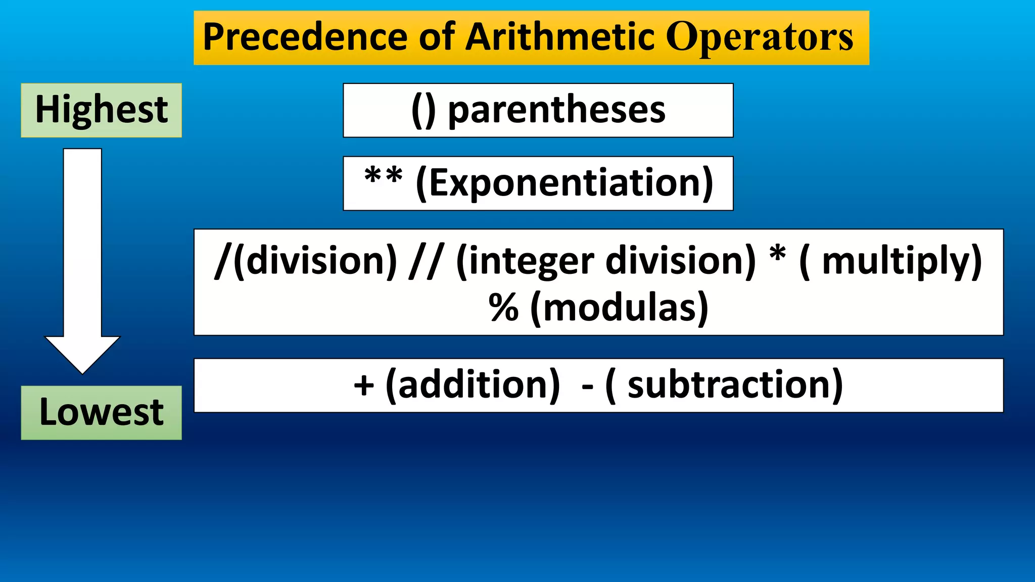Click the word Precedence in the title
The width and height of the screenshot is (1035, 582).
pos(305,37)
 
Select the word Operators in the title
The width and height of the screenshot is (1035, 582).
pos(760,37)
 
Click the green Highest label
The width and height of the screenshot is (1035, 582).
pos(101,110)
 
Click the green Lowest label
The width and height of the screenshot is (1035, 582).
pos(101,413)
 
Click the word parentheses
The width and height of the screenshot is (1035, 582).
pos(557,110)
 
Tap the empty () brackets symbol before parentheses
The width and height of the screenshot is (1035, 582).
pos(423,110)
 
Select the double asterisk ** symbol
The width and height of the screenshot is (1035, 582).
pos(384,177)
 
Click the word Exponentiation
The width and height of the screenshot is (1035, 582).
pos(564,183)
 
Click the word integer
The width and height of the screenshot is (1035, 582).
pos(532,261)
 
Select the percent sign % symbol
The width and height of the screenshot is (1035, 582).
pos(503,308)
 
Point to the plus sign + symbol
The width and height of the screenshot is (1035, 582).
pos(364,386)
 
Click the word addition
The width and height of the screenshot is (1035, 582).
pos(473,386)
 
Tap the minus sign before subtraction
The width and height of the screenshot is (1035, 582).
pos(587,387)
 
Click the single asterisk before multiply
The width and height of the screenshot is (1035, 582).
pos(778,255)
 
